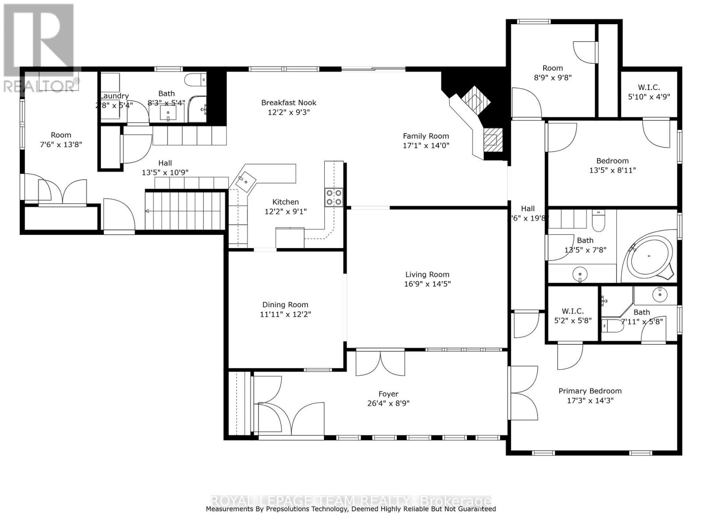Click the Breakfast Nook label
(289, 103)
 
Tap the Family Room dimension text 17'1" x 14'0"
(426, 146)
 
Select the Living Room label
(427, 274)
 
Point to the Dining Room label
(285, 305)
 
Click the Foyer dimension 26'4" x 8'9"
(388, 404)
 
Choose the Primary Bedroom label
(590, 391)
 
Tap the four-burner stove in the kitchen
(333, 197)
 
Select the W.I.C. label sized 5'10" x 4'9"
(649, 87)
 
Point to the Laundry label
(115, 96)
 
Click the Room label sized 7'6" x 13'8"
(61, 135)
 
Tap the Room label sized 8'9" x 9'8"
(552, 68)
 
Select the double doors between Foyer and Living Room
(380, 363)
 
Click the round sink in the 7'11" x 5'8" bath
(659, 295)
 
